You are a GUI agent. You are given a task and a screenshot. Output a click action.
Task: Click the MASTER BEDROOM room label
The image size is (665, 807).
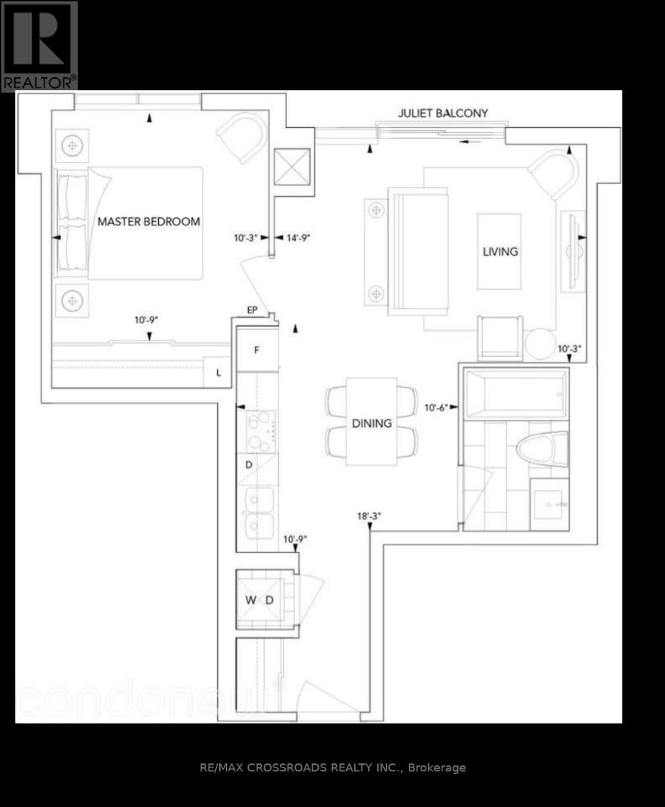click(x=149, y=221)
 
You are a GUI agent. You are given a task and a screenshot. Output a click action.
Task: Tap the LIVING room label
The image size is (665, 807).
click(x=500, y=252)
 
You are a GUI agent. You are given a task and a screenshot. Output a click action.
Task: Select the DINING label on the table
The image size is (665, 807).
click(x=372, y=423)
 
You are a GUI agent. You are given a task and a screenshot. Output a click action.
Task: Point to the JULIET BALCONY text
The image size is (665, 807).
click(x=443, y=113)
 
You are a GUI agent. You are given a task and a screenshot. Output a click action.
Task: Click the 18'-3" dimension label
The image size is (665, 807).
click(x=369, y=516)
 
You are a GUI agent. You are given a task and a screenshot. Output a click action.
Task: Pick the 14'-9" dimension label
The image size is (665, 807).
click(x=299, y=237)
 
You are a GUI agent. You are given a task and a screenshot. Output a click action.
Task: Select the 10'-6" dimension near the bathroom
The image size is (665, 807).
click(x=436, y=408)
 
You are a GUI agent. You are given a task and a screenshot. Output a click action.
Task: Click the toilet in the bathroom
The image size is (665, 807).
click(x=543, y=449)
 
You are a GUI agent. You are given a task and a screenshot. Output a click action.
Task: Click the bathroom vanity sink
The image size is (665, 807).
click(x=549, y=504)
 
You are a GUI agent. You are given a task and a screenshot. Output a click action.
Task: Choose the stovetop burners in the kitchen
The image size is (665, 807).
click(x=261, y=431)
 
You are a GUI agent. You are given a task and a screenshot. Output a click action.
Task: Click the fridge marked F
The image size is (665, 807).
click(x=258, y=350)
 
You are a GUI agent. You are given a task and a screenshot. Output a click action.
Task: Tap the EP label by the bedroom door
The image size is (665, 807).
click(x=252, y=309)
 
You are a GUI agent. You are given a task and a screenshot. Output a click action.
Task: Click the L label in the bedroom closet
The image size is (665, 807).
click(x=219, y=373)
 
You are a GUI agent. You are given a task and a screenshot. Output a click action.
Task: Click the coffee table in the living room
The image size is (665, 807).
click(x=499, y=252)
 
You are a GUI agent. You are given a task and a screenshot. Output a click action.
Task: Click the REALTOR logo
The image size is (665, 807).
click(x=40, y=46)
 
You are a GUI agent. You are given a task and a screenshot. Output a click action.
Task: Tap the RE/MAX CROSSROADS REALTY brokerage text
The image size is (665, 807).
click(x=333, y=767)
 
